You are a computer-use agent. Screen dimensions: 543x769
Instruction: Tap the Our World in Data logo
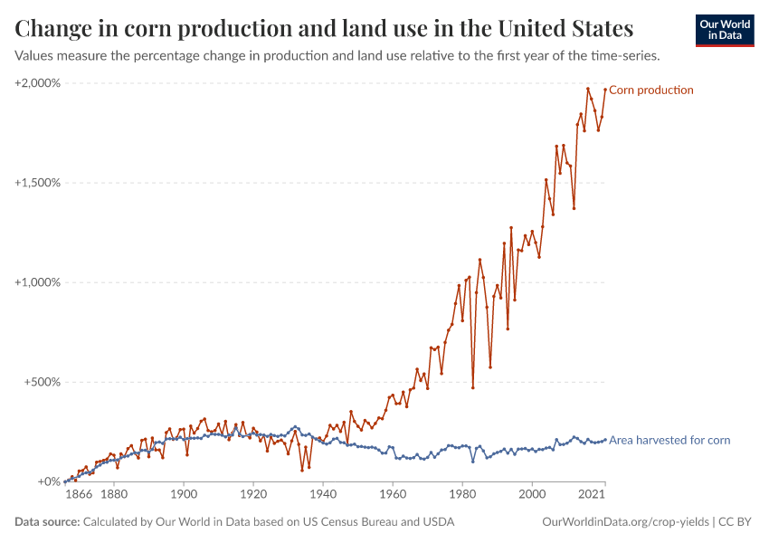point(724,30)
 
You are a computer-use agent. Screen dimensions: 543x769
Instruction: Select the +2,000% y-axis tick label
point(37,83)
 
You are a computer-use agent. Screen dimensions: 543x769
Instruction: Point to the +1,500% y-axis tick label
point(37,183)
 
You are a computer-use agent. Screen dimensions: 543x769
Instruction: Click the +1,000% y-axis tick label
point(37,282)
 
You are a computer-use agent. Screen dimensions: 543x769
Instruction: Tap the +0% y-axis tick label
point(47,481)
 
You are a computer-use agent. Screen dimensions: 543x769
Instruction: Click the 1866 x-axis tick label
point(79,496)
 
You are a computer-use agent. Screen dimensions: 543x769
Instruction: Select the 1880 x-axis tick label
point(114,496)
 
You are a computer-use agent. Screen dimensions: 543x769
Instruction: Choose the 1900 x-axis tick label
point(184,496)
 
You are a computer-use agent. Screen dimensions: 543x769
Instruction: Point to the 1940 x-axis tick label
point(323,496)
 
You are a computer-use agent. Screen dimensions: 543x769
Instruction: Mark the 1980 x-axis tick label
point(462,496)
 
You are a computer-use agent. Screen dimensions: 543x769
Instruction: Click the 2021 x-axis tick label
point(592,496)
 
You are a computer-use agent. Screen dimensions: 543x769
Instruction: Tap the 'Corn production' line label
point(651,90)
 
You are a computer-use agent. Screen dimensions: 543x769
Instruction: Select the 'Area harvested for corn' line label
point(669,441)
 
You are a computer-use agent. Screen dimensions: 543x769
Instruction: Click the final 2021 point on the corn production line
point(605,89)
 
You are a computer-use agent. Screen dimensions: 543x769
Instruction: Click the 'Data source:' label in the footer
point(47,522)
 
